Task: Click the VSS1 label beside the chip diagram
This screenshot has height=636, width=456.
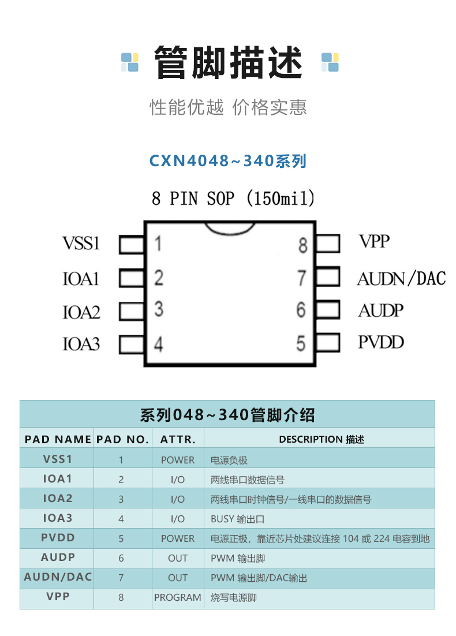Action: point(81,244)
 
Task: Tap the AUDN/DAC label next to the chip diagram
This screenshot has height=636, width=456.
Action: point(401,279)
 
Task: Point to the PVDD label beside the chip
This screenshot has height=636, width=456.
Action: point(380,342)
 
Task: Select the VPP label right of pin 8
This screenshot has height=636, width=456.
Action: point(374,241)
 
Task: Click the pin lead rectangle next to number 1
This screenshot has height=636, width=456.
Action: point(132,245)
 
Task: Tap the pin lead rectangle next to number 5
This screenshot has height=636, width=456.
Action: point(328,342)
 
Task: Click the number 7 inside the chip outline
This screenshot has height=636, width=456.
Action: point(301,278)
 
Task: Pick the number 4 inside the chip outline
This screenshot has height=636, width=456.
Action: point(158,345)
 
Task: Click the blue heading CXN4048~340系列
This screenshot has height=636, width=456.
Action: point(227,160)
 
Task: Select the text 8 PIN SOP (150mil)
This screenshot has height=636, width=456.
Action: point(233,199)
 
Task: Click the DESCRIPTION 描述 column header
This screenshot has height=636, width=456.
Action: point(322,439)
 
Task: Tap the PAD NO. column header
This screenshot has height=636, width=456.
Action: point(122,439)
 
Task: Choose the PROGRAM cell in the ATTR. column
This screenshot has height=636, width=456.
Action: point(178,597)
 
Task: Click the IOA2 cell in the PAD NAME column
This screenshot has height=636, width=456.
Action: point(57,499)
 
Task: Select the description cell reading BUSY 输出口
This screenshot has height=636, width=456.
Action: point(238,519)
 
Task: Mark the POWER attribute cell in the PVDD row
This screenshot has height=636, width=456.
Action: point(178,538)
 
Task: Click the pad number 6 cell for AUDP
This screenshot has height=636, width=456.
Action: point(121,559)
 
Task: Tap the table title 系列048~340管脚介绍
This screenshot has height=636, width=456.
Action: point(227,414)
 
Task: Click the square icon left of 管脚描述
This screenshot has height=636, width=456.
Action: point(130,62)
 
